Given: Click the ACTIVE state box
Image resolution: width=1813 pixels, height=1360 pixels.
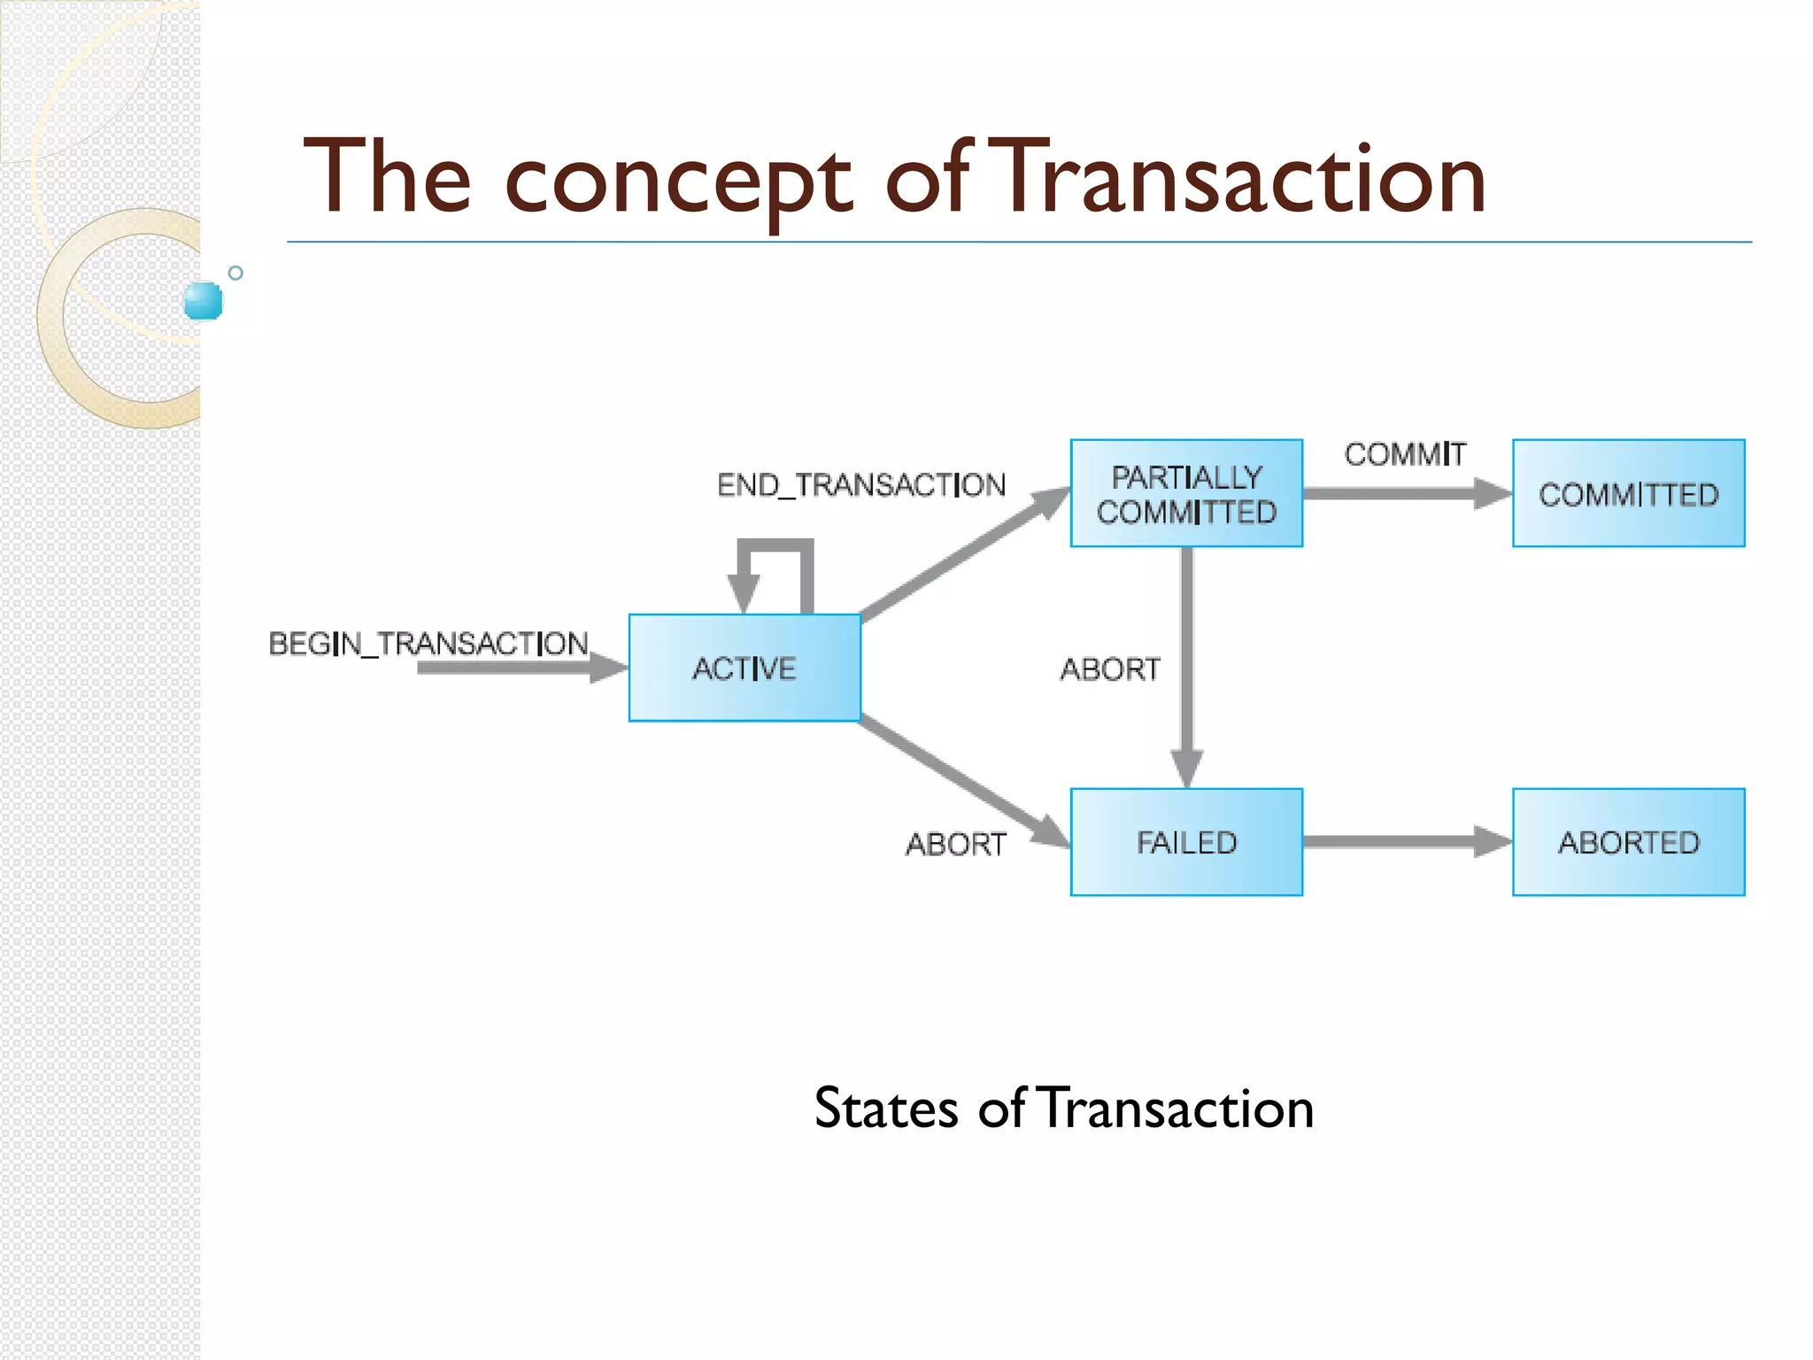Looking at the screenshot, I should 744,668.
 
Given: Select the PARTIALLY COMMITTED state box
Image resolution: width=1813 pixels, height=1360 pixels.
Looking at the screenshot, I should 1186,493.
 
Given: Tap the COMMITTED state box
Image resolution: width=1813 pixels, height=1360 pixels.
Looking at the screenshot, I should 1628,493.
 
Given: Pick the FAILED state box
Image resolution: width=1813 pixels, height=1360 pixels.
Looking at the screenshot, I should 1186,842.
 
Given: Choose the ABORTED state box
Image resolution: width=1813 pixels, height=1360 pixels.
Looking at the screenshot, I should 1628,842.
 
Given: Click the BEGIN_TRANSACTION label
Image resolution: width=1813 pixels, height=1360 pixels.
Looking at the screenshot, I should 428,644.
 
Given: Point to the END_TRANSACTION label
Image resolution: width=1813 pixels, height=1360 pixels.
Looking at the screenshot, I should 861,485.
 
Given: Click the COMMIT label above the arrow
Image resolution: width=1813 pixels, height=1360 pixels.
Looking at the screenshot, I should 1405,454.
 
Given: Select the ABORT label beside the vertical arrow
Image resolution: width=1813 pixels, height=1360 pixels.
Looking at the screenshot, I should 1110,669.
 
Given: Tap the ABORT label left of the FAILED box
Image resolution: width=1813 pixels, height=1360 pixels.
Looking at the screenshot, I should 956,845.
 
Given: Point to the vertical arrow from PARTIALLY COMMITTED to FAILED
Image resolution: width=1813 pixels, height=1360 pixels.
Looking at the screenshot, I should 1187,664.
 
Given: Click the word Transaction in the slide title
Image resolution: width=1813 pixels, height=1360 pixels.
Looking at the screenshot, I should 1243,179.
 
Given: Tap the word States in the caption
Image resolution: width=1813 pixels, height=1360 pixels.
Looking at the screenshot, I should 885,1108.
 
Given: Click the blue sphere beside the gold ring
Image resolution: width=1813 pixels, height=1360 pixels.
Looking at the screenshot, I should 204,301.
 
